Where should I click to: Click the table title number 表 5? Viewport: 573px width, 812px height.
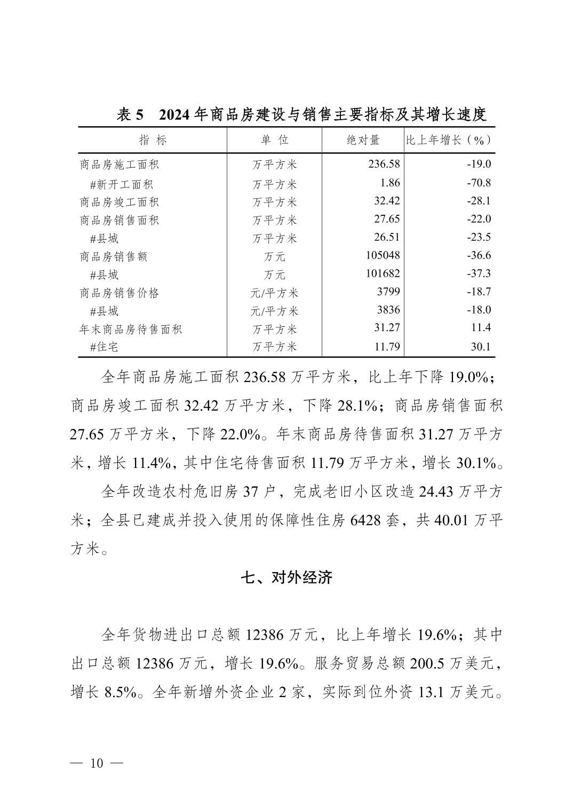131,115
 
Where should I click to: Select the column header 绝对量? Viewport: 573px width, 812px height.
363,140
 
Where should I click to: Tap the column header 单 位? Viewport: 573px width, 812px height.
274,140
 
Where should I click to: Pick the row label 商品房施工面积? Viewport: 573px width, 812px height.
120,165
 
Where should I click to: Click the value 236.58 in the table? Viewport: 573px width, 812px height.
384,165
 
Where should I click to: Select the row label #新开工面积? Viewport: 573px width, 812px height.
122,184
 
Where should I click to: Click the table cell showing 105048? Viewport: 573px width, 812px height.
383,255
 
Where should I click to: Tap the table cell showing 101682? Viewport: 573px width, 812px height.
383,274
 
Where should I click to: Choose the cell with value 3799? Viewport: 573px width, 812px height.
387,292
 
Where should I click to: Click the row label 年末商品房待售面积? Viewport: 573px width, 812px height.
131,329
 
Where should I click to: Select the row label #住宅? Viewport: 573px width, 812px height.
104,347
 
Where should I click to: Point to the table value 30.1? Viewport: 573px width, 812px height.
480,347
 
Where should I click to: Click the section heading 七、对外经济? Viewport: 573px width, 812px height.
286,577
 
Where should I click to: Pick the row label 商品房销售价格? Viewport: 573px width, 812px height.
120,293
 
